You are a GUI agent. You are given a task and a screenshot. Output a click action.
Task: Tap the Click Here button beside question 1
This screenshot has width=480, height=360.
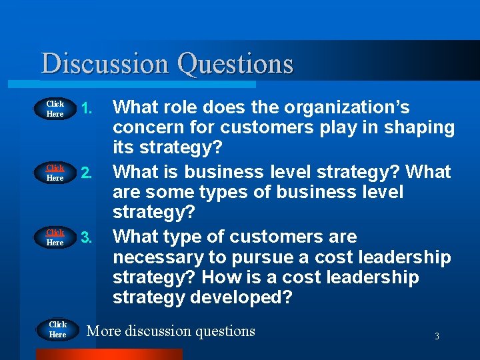click(55, 109)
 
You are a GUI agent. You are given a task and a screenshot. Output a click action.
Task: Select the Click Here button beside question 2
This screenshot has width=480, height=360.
click(55, 173)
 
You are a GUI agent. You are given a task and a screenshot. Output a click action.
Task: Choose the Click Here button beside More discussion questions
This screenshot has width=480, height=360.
click(58, 329)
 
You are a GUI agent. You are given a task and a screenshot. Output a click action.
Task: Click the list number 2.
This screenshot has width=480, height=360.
click(85, 173)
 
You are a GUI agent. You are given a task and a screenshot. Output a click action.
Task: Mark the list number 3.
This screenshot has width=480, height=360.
click(85, 237)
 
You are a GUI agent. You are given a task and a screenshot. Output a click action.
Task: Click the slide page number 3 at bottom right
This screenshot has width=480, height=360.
click(437, 337)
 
